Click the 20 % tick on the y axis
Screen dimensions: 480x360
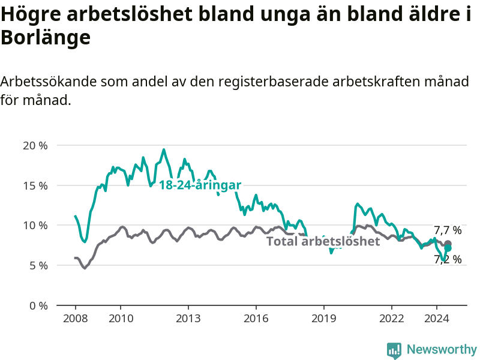(x=35, y=145)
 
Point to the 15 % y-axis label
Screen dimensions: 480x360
(x=35, y=185)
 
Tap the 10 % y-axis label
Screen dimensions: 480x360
(x=35, y=226)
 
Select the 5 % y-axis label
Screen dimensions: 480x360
(x=38, y=266)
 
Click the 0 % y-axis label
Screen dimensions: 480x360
(x=38, y=306)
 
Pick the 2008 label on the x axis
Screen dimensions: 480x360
(x=76, y=319)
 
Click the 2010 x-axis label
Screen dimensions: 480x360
(x=121, y=319)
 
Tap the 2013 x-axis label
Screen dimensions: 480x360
(x=188, y=319)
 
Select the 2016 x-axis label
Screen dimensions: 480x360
(x=256, y=319)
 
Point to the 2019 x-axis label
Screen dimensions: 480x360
(x=323, y=319)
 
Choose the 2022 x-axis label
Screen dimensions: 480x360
(x=392, y=319)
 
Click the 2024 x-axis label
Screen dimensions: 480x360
(x=437, y=319)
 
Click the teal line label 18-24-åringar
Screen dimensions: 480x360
(x=200, y=185)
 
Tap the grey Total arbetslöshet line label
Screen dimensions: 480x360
(x=323, y=241)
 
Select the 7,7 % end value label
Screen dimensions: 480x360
(x=448, y=230)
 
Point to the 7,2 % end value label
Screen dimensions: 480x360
(x=448, y=260)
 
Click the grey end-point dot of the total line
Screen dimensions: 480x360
(x=448, y=244)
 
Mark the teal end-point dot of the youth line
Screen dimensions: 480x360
(x=448, y=248)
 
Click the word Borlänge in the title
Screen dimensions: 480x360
(x=46, y=37)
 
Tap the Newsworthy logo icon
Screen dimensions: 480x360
(x=394, y=350)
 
